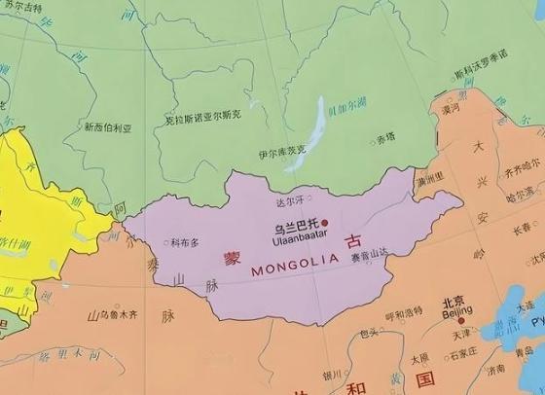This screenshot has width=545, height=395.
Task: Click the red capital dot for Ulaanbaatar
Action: [x=326, y=222]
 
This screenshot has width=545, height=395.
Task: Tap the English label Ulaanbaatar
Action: [x=298, y=235]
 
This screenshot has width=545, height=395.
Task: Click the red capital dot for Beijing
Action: [x=461, y=320]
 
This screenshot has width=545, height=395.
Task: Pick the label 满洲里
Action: [x=429, y=178]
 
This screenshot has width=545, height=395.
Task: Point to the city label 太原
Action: [x=419, y=358]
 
